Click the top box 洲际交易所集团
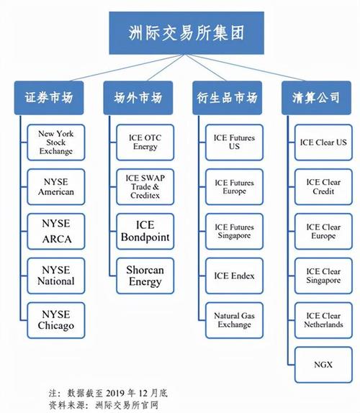tap(186, 33)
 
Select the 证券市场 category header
tap(49, 98)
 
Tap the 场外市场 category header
tap(138, 98)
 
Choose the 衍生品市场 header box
tap(228, 98)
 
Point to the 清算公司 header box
tap(316, 98)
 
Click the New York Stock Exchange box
tap(56, 142)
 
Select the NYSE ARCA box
tap(56, 232)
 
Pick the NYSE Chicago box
tap(56, 320)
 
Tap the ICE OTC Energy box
tap(145, 142)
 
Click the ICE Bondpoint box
tap(145, 232)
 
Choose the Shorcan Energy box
tap(145, 276)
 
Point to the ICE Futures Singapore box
tap(234, 232)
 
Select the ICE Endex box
tap(234, 276)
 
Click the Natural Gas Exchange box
tap(234, 320)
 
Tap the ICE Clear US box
tap(323, 142)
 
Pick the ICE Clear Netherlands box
tap(323, 320)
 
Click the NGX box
tap(323, 365)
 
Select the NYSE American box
tap(56, 187)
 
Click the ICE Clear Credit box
tap(323, 187)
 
